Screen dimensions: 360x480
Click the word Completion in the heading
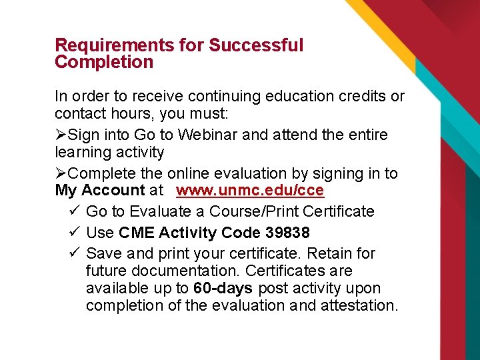104,63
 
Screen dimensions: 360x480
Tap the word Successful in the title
256,45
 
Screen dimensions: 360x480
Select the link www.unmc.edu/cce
250,191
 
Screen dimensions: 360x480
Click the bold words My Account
100,191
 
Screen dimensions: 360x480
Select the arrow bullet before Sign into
61,135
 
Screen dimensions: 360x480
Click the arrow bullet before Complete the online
61,173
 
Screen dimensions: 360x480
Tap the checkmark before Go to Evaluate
75,211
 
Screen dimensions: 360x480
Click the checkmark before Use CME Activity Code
75,233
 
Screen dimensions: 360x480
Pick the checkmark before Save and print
75,253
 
